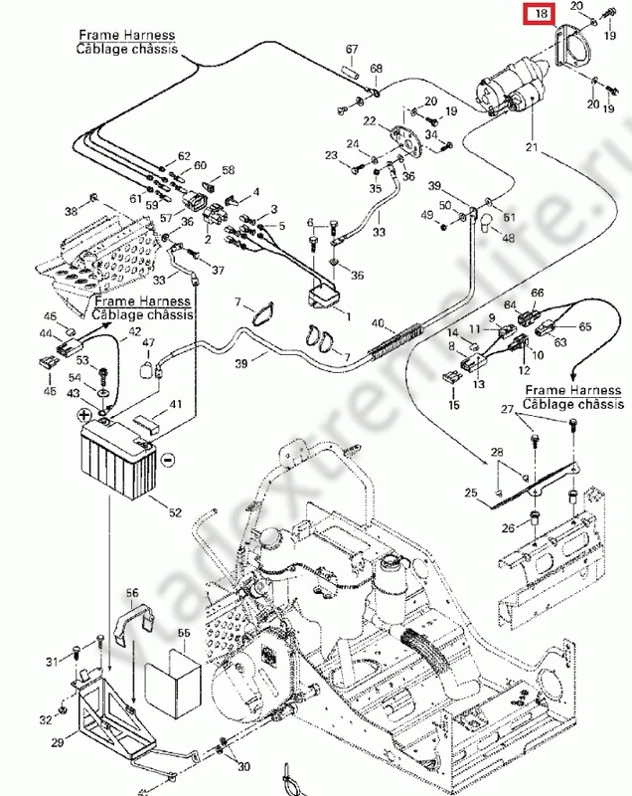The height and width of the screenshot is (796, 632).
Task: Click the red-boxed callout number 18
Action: tap(541, 15)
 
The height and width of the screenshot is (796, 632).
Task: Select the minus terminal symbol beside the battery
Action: tap(167, 459)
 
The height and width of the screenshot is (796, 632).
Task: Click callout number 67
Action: tap(352, 49)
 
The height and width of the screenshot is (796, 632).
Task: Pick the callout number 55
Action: tap(183, 633)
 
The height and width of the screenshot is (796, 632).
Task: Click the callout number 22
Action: tap(370, 121)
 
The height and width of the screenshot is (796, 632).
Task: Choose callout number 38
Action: tap(71, 212)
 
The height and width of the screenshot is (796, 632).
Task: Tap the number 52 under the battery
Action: tap(175, 512)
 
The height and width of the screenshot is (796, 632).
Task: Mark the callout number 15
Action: tap(454, 406)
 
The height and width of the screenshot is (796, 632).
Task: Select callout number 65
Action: tap(585, 325)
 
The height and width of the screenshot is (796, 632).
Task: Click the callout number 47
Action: tap(149, 342)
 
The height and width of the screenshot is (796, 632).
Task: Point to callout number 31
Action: tap(52, 663)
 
